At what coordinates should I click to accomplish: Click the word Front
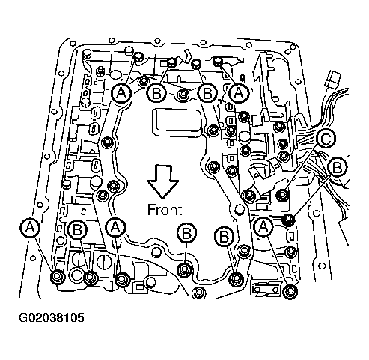click(165, 209)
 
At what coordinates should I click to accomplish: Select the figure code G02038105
click(51, 318)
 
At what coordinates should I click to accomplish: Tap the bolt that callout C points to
click(282, 193)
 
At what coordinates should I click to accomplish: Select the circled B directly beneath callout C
click(338, 166)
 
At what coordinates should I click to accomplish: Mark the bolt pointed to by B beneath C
click(289, 219)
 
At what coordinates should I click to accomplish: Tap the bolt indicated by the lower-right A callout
click(289, 292)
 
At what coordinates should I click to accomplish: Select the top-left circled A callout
click(122, 93)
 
